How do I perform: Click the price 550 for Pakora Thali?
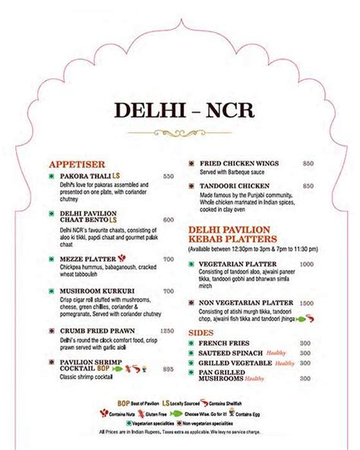tap(168, 176)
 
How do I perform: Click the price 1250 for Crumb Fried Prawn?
tap(166, 331)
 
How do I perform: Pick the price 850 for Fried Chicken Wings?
tap(308, 163)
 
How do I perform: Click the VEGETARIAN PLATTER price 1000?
tap(306, 263)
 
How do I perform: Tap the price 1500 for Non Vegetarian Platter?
tap(306, 303)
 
